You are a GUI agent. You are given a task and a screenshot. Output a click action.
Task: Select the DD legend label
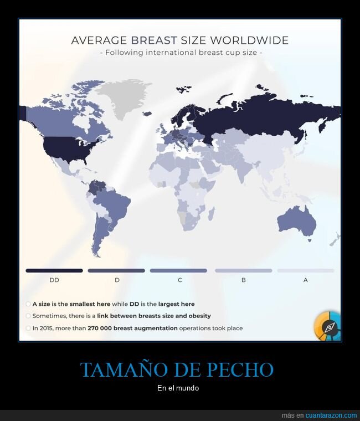54,280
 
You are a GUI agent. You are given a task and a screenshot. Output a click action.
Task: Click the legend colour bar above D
117,270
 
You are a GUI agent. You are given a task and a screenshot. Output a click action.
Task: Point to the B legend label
243,280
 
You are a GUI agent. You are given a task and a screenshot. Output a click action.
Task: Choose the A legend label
305,280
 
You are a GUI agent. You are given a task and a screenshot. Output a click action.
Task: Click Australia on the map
296,221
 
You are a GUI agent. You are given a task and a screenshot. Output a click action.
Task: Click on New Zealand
334,240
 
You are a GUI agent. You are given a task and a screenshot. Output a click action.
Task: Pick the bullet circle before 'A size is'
28,304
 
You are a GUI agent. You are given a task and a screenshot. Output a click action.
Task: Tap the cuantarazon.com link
332,415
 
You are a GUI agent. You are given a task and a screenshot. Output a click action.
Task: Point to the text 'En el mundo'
178,388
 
